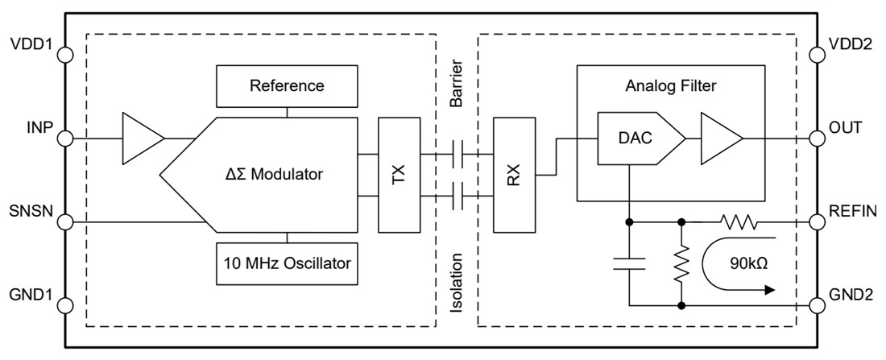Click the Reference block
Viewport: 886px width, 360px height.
pos(286,85)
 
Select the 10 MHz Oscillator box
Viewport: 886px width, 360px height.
pos(286,262)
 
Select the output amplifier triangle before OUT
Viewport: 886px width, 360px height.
pos(719,139)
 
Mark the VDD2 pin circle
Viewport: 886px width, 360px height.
pos(816,56)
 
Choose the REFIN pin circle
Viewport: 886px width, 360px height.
pos(816,219)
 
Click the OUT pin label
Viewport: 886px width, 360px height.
pos(847,127)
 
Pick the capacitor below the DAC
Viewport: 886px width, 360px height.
pos(628,262)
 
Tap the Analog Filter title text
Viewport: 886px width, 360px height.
pos(670,85)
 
